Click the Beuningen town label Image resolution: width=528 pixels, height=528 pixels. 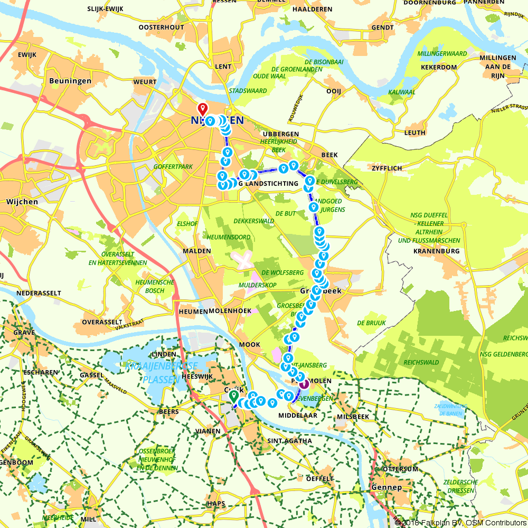point(70,81)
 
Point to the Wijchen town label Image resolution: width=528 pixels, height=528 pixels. point(22,202)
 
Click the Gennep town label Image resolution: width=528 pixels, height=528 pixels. point(386,487)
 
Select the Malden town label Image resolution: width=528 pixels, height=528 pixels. point(196,251)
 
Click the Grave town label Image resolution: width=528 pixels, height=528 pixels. point(24,333)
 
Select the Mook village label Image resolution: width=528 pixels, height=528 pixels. point(250,344)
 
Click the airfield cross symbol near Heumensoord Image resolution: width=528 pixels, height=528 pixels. point(242,260)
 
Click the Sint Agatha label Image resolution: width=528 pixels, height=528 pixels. point(290,440)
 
